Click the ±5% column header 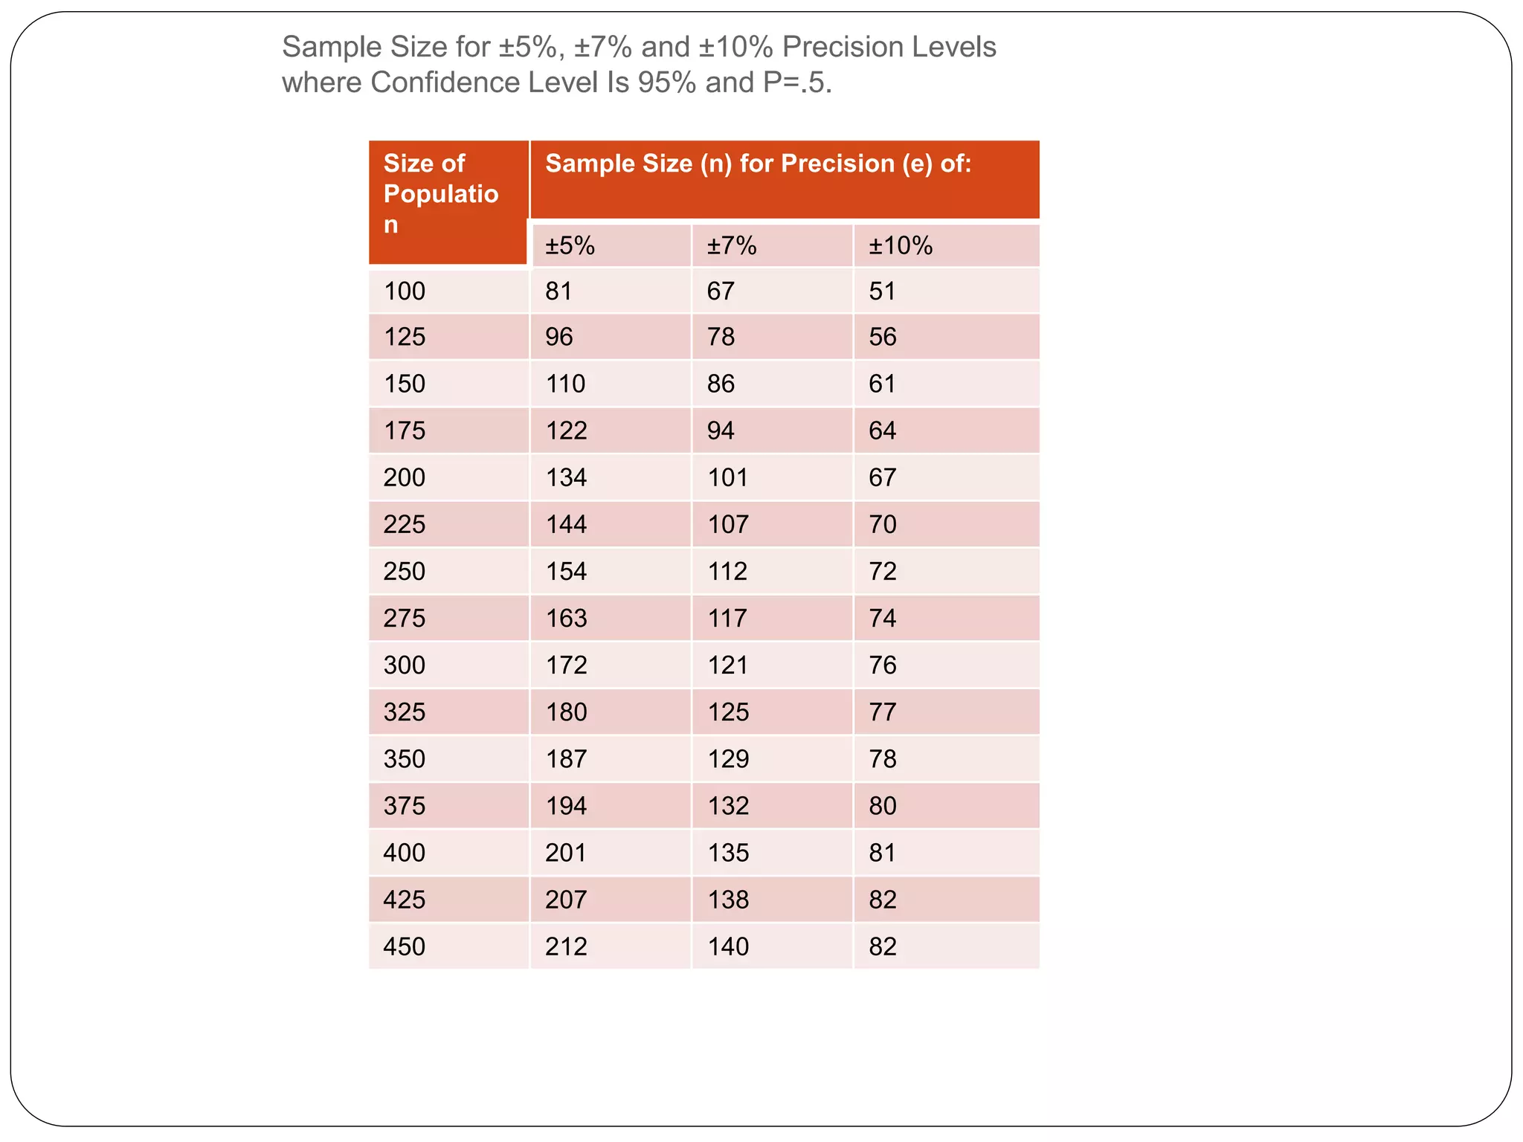pyautogui.click(x=570, y=245)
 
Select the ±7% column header pyautogui.click(x=732, y=245)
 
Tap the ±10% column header pyautogui.click(x=901, y=245)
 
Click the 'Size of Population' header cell pyautogui.click(x=440, y=194)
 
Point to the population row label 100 pyautogui.click(x=405, y=291)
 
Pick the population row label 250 pyautogui.click(x=405, y=571)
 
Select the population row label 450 pyautogui.click(x=405, y=946)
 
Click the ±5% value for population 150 pyautogui.click(x=565, y=384)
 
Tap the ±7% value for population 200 pyautogui.click(x=727, y=477)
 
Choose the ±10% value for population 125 pyautogui.click(x=883, y=337)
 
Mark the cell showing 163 pyautogui.click(x=566, y=618)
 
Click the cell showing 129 pyautogui.click(x=728, y=758)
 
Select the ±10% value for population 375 pyautogui.click(x=883, y=805)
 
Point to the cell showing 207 pyautogui.click(x=566, y=900)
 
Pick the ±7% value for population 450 pyautogui.click(x=728, y=946)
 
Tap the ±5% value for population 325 pyautogui.click(x=566, y=712)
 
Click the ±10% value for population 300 pyautogui.click(x=883, y=665)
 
